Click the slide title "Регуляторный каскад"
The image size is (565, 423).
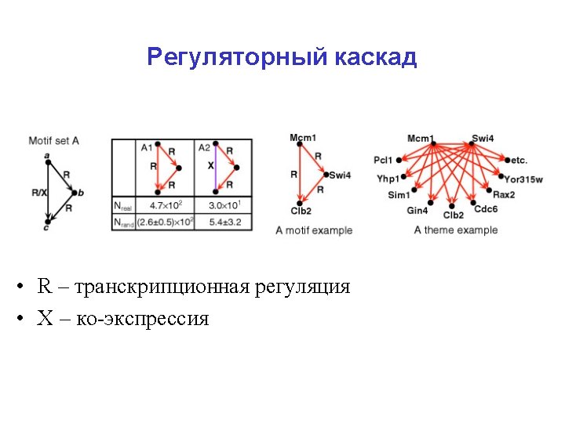[282, 57]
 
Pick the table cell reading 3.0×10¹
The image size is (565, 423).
[224, 205]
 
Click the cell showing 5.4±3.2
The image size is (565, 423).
[224, 222]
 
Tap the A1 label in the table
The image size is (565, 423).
[147, 147]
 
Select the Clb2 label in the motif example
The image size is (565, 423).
[301, 211]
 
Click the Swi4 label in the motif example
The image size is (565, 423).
[340, 175]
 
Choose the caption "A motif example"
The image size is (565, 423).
[314, 230]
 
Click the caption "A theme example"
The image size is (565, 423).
[456, 230]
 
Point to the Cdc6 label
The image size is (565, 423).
[486, 209]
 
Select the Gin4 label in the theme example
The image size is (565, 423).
[417, 210]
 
